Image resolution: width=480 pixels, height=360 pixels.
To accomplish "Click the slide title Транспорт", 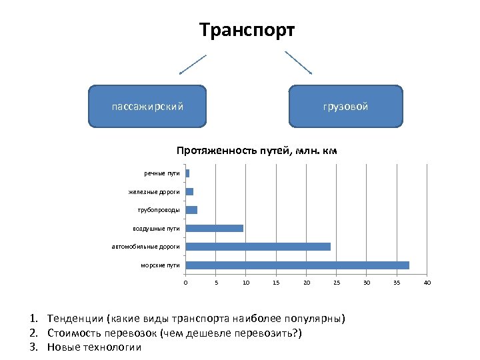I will pyautogui.click(x=247, y=31).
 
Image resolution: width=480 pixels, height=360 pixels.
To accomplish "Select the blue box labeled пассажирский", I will pyautogui.click(x=147, y=106).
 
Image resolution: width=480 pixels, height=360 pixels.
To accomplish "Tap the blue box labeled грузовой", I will pyautogui.click(x=345, y=106).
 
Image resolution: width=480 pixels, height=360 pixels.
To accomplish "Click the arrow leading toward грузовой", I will pyautogui.click(x=298, y=63).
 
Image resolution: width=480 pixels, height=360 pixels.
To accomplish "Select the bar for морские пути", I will pyautogui.click(x=297, y=265).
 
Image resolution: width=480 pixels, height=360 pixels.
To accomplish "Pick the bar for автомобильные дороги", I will pyautogui.click(x=258, y=247).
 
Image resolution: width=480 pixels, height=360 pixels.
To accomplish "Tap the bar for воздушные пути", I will pyautogui.click(x=215, y=228).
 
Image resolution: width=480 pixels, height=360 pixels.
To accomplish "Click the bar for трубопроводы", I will pyautogui.click(x=191, y=210).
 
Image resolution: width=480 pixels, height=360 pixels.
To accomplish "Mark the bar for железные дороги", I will pyautogui.click(x=189, y=192).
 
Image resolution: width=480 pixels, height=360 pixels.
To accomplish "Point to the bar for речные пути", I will pyautogui.click(x=187, y=173).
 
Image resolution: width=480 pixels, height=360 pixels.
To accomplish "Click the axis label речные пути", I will pyautogui.click(x=162, y=173).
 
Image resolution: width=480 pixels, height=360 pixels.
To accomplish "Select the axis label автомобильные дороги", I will pyautogui.click(x=146, y=247).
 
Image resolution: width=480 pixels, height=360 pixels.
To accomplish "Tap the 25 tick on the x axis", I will pyautogui.click(x=337, y=283).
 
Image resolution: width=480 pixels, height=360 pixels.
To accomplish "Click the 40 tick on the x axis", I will pyautogui.click(x=427, y=283).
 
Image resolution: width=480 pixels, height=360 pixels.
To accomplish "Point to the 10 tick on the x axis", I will pyautogui.click(x=246, y=283).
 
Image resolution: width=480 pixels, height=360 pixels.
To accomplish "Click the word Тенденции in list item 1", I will pyautogui.click(x=70, y=318).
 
